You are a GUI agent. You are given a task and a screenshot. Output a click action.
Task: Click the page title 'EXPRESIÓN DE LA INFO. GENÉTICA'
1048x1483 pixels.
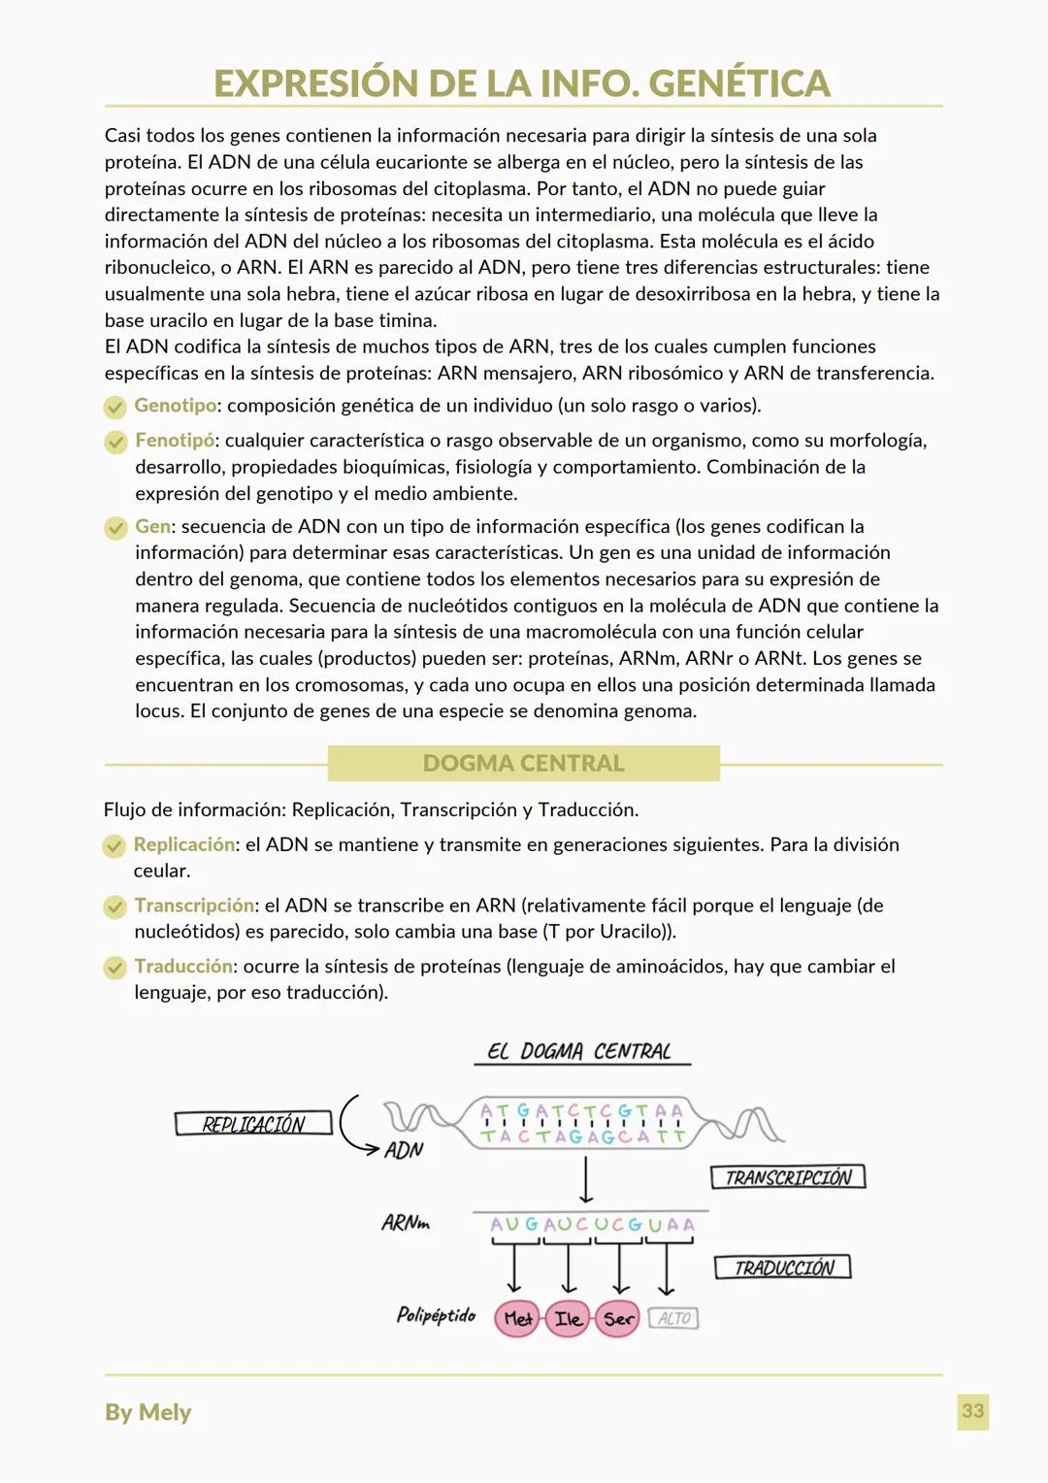[x=522, y=83]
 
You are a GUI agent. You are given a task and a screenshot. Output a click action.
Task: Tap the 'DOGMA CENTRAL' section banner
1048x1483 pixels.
[x=523, y=763]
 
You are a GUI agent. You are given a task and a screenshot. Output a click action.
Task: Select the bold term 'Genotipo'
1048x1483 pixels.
[x=175, y=406]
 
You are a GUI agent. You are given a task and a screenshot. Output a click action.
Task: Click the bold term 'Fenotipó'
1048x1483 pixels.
[x=175, y=441]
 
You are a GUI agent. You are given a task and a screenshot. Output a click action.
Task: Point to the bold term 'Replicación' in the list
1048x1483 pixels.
[x=184, y=844]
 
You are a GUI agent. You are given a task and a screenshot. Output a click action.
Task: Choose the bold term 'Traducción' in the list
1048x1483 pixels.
[x=183, y=967]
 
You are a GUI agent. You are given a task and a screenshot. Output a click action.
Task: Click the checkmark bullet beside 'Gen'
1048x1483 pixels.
[x=115, y=527]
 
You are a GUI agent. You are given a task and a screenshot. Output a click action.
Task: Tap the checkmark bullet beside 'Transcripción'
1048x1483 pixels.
[x=115, y=906]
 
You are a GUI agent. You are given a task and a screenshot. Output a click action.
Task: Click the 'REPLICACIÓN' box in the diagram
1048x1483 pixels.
[x=253, y=1124]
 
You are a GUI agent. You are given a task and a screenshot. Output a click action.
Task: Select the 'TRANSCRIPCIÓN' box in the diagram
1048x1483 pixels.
[x=788, y=1177]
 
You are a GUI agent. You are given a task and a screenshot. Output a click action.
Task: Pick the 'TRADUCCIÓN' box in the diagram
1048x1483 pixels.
[x=783, y=1268]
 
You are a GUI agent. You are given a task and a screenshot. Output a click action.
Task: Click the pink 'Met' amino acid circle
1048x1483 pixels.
[x=517, y=1319]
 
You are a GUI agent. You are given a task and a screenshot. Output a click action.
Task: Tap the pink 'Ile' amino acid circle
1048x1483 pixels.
[x=568, y=1319]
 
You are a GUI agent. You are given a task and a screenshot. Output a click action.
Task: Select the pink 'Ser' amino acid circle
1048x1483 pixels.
[x=618, y=1319]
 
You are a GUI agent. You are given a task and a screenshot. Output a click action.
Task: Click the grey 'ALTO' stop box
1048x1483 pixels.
[x=673, y=1318]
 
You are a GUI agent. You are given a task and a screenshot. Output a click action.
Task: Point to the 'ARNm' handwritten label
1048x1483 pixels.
[x=406, y=1223]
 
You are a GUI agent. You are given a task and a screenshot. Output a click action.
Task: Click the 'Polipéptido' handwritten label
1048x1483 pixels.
[x=436, y=1315]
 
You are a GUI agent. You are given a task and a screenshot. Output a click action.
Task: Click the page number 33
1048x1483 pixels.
[x=972, y=1411]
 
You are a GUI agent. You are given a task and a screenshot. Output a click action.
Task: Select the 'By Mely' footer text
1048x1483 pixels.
[x=147, y=1412]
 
